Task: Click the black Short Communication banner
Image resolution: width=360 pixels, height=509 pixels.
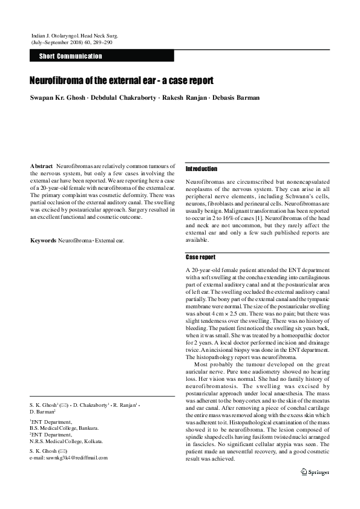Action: pyautogui.click(x=102, y=56)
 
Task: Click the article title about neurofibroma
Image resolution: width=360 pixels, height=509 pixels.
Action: pyautogui.click(x=121, y=80)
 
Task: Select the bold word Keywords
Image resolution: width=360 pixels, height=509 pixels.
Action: pyautogui.click(x=43, y=241)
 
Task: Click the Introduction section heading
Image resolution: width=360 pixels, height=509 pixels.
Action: pyautogui.click(x=201, y=169)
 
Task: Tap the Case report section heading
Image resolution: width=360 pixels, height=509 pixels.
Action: pyautogui.click(x=200, y=257)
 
